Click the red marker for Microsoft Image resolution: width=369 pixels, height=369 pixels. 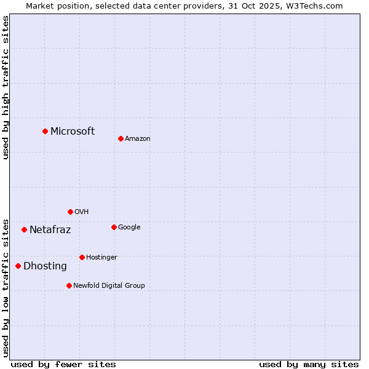[45, 131]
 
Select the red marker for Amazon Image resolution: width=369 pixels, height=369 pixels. [121, 138]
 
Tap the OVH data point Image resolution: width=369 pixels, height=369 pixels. [70, 212]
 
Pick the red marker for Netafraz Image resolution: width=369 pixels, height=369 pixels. [24, 229]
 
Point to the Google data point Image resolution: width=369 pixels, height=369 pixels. [114, 227]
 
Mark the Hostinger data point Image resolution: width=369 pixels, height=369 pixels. [82, 257]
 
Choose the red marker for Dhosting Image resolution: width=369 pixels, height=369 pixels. [18, 266]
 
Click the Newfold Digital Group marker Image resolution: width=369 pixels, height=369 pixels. [69, 285]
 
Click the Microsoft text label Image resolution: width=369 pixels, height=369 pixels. [73, 131]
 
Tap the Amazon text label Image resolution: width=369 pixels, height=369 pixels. [138, 139]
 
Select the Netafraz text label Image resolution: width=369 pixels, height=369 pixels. [50, 230]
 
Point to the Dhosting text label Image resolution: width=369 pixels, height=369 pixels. [45, 266]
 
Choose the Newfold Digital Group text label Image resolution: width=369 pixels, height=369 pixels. [109, 285]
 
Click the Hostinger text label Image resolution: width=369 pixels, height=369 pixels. [101, 257]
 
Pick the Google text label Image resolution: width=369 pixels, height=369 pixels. [129, 228]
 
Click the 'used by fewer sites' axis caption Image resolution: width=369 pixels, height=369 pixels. [63, 364]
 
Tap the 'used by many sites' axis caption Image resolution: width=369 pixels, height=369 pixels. [309, 364]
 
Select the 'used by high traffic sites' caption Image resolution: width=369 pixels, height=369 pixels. [6, 87]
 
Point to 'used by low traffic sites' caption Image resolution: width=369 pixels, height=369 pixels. [6, 287]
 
